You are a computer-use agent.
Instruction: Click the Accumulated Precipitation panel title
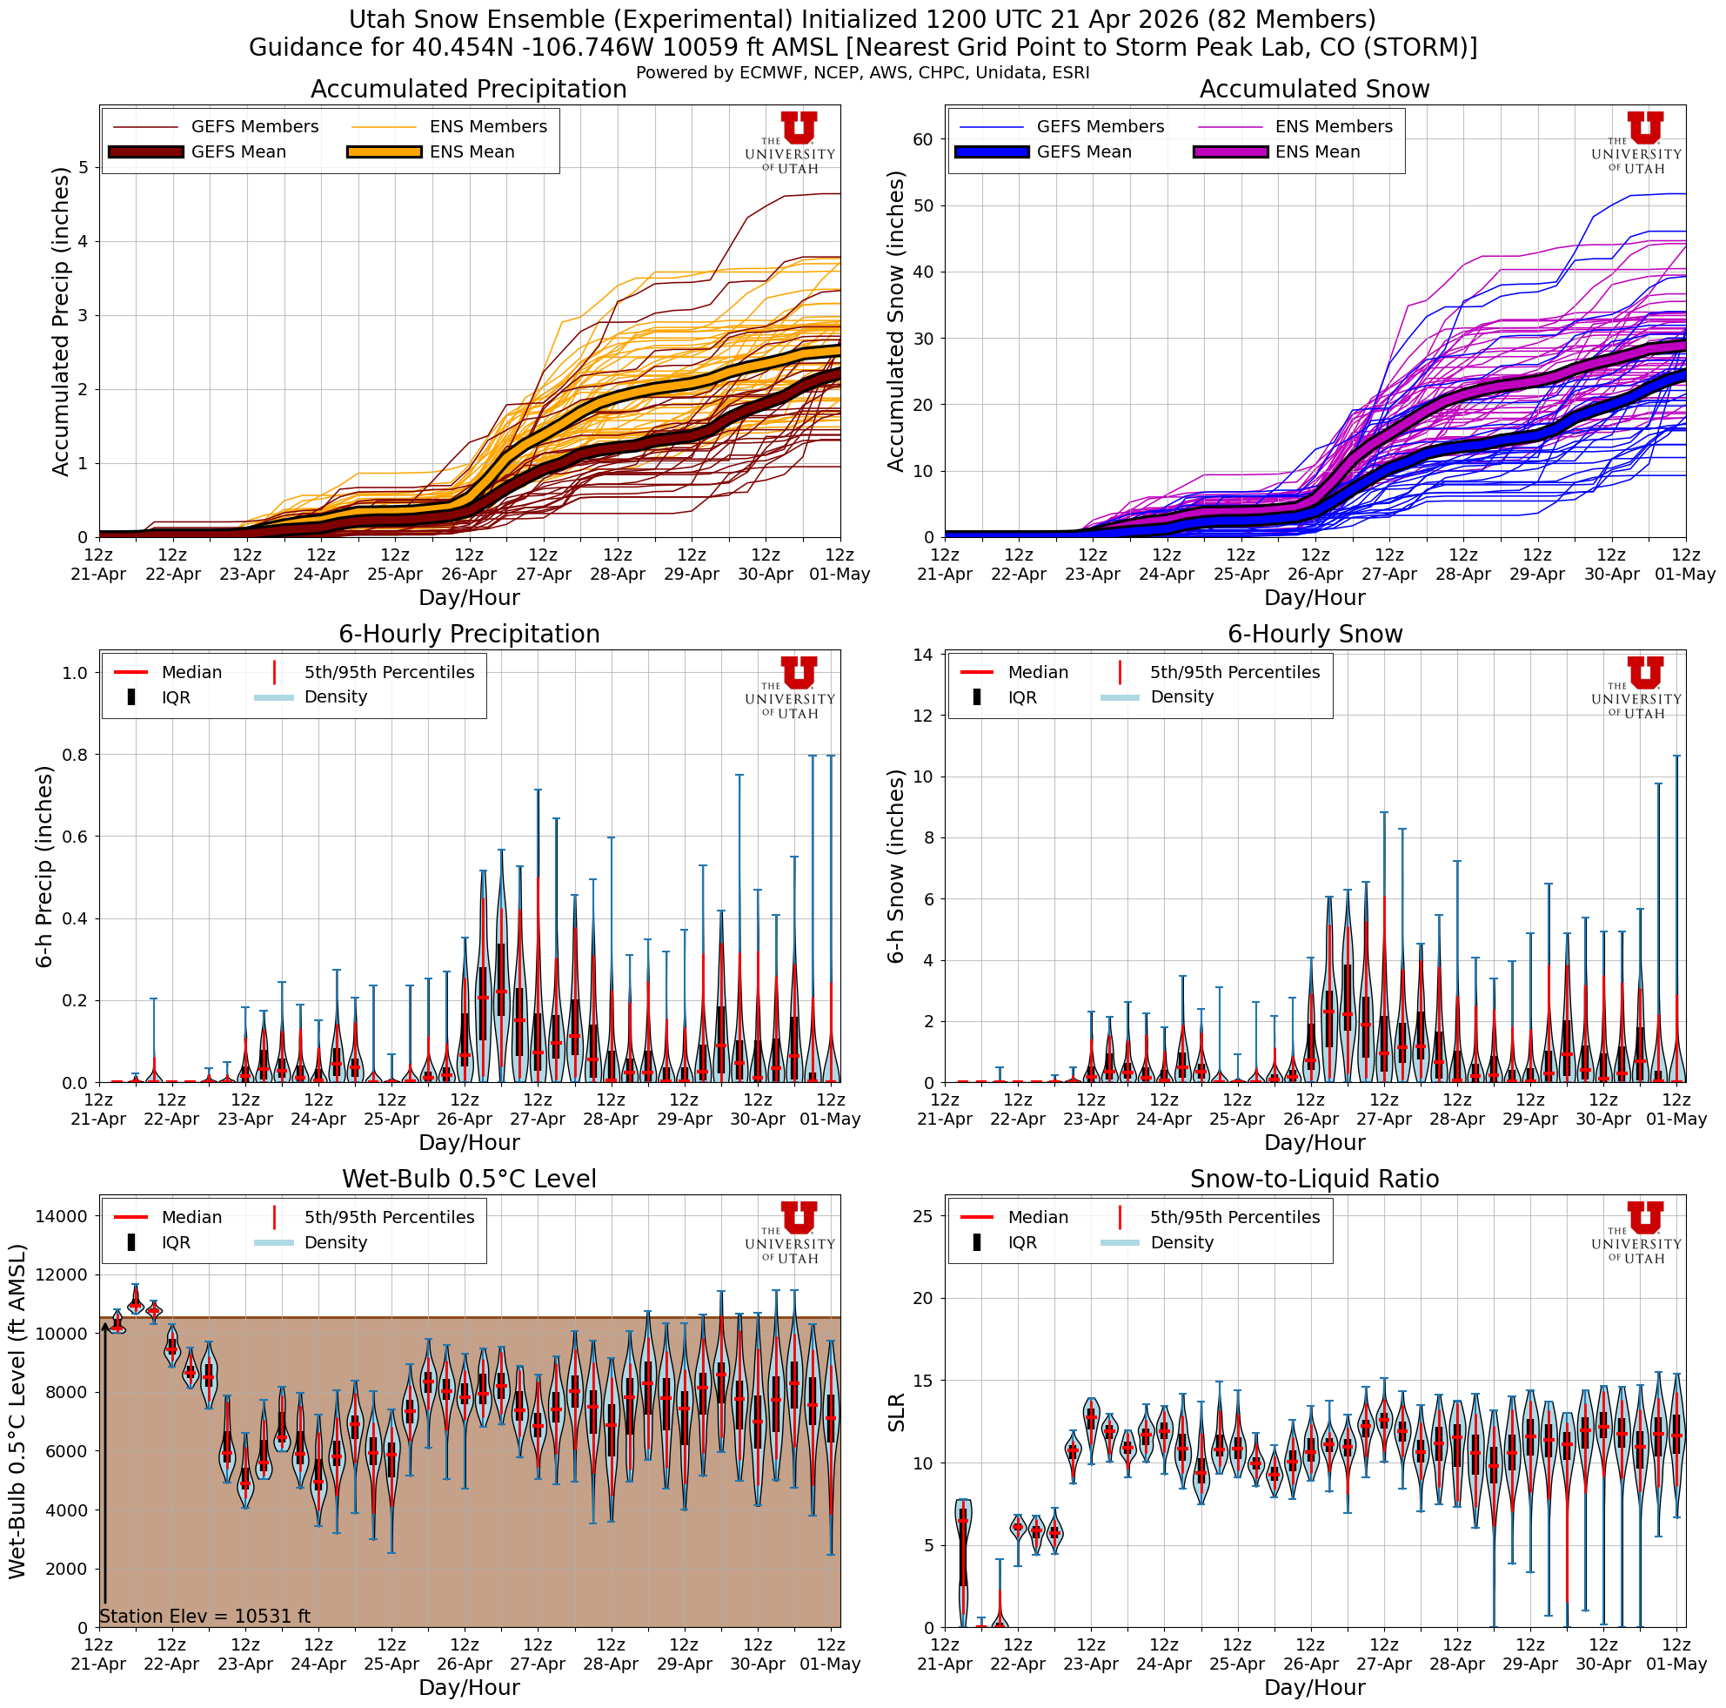click(468, 90)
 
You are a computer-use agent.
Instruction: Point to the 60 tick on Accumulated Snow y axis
click(923, 139)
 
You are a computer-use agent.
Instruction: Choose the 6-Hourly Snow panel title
click(1315, 635)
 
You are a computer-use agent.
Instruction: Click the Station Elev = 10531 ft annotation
click(204, 1616)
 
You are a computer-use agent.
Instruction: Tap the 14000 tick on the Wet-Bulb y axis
click(62, 1215)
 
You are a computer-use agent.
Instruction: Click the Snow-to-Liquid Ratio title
click(1315, 1179)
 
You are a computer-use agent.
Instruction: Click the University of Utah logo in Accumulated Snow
click(1636, 143)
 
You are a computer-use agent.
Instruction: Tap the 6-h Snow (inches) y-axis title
click(896, 866)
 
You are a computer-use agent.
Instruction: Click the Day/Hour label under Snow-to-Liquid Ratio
click(1315, 1687)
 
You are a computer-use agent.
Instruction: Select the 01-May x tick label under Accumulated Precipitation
click(839, 575)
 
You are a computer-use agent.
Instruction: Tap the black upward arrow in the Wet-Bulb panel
click(105, 1466)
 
